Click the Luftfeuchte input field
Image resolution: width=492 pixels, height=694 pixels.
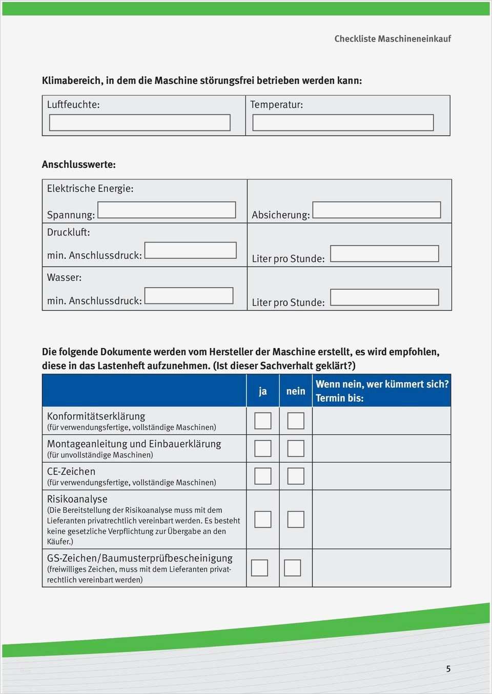point(139,123)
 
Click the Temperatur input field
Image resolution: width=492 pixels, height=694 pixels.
point(343,123)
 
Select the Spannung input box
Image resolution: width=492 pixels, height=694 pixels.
point(167,210)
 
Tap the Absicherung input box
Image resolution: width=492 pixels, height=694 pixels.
point(376,210)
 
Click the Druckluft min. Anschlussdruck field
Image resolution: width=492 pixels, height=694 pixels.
point(190,250)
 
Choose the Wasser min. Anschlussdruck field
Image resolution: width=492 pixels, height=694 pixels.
point(189,296)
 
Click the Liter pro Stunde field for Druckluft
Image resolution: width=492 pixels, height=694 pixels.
point(384,254)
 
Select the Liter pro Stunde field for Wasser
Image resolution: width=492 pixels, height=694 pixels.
point(384,297)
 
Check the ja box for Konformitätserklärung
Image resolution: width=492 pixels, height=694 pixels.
point(263,421)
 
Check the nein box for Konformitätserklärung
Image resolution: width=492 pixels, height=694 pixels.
point(296,421)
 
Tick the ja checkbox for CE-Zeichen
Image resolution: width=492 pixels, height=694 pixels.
point(263,476)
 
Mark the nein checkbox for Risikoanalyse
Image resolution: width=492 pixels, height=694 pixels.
point(296,519)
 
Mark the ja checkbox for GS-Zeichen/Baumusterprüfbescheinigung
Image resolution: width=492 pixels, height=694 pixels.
point(259,568)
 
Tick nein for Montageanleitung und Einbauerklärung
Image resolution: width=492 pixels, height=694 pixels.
point(296,448)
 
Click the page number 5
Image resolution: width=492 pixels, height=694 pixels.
point(448,669)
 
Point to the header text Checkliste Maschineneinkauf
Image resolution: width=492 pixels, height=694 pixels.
point(393,39)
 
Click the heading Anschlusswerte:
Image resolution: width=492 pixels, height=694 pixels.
point(79,165)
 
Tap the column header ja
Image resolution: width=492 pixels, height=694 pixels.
point(263,392)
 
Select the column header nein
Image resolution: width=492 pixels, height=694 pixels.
point(296,392)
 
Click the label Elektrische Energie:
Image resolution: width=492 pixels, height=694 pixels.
point(90,188)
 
